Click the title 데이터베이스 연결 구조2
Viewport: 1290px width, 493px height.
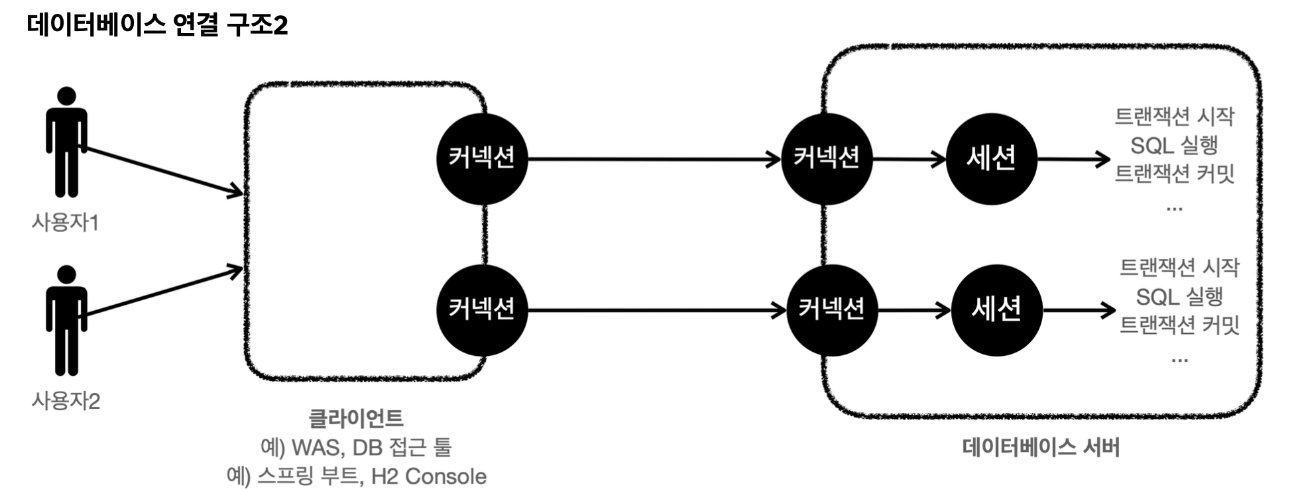coord(158,25)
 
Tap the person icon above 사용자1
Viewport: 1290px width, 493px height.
coord(66,142)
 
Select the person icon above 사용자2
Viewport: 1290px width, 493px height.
coord(66,320)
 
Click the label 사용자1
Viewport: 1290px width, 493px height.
coord(65,223)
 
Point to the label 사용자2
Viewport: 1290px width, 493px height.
coord(66,401)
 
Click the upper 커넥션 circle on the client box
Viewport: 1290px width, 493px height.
coord(482,158)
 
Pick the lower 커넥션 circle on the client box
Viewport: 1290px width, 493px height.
coord(482,309)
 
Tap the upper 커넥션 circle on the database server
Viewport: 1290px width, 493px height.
coord(827,158)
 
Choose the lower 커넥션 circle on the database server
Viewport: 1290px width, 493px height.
coord(831,309)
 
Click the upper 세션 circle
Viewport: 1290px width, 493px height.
coord(991,158)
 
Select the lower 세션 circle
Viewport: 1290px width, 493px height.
coord(996,309)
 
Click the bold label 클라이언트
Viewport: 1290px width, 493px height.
coord(356,418)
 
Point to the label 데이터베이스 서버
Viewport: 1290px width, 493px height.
coord(1041,447)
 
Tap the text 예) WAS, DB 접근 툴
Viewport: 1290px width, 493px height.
coord(356,447)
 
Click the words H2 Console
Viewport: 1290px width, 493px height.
coord(429,476)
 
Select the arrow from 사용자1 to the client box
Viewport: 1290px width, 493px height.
coord(162,171)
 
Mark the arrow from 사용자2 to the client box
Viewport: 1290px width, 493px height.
coord(162,292)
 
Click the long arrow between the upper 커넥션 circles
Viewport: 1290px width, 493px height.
coord(653,159)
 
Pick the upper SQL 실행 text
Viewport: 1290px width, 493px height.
coord(1174,145)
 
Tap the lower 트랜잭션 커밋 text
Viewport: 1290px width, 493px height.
coord(1179,325)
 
